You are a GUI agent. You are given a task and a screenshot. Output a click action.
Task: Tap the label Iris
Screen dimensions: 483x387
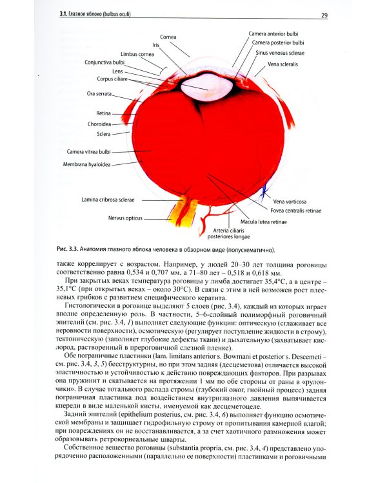[x=155, y=45]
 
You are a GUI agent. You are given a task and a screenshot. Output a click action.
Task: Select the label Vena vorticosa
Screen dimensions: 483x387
[x=289, y=201]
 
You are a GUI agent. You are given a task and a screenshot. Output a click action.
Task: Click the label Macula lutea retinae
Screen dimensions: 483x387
[x=264, y=222]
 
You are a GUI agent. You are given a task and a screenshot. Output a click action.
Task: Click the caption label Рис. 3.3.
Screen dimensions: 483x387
[x=68, y=249]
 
